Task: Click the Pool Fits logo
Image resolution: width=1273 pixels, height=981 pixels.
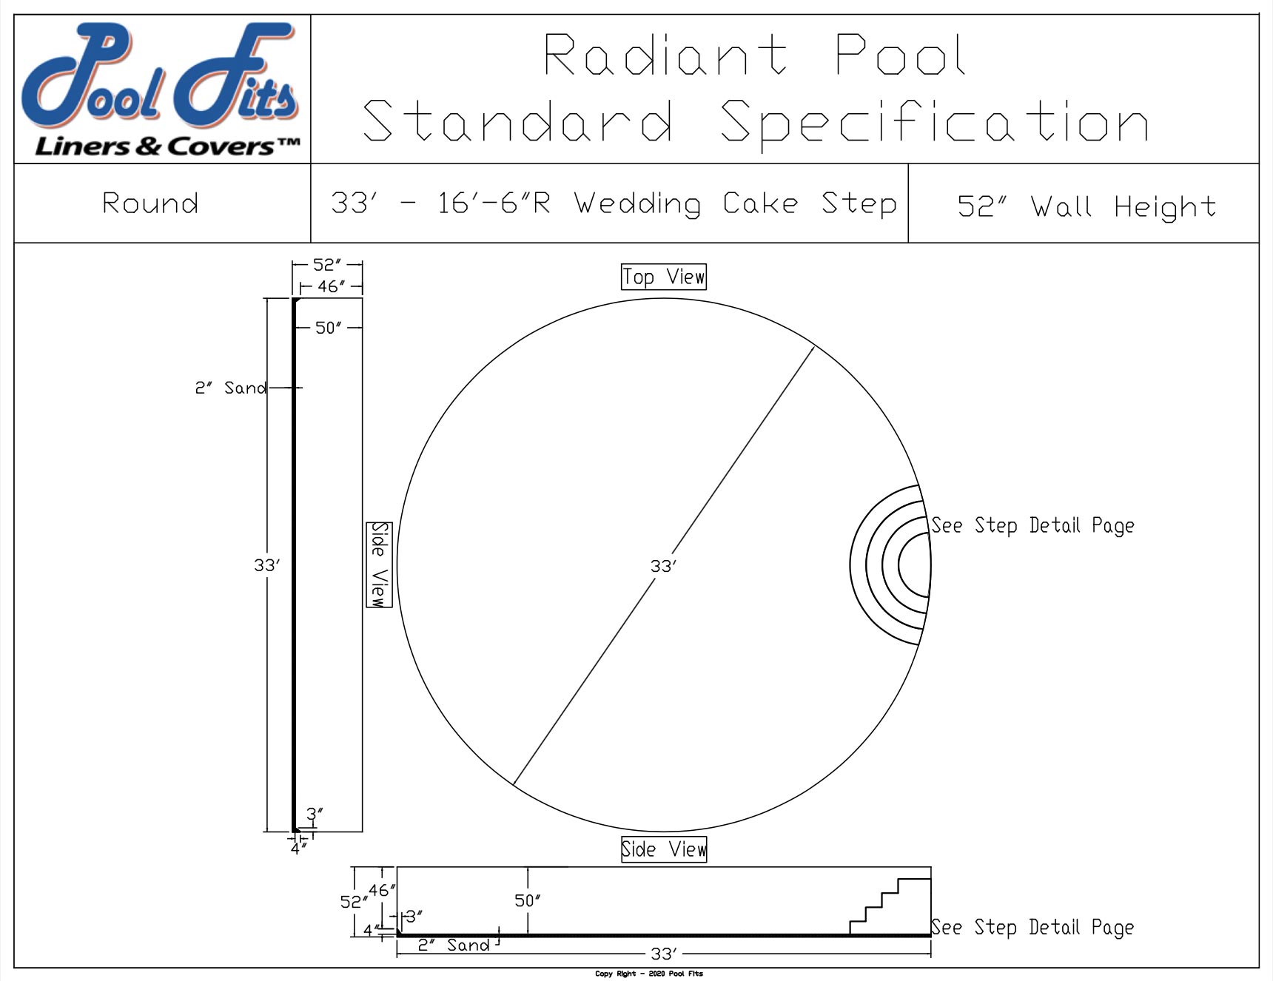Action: tap(161, 89)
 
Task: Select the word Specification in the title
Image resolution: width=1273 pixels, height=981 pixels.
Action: tap(934, 122)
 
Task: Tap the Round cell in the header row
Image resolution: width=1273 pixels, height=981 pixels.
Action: tap(150, 203)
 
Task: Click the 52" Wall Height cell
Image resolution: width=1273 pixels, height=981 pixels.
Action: tap(1086, 206)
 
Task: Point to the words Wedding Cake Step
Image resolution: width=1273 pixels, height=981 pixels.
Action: tap(735, 203)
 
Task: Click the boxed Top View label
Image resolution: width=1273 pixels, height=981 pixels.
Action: tap(663, 277)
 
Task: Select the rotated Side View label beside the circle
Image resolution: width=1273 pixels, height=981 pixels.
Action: tap(379, 564)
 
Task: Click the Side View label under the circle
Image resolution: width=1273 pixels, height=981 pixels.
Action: tap(663, 849)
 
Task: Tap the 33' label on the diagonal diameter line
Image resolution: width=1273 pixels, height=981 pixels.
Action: tap(662, 566)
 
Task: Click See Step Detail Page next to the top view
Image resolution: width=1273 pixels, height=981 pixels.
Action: tap(1032, 526)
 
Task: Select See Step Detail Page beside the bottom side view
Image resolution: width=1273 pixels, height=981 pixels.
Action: tap(1032, 928)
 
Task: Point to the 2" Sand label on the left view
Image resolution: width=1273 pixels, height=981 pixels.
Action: tap(230, 388)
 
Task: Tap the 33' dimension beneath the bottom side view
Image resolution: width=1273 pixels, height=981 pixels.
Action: tap(662, 954)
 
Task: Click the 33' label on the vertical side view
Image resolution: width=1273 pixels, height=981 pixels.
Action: tap(266, 565)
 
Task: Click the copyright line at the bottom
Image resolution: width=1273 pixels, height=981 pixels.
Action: tap(648, 974)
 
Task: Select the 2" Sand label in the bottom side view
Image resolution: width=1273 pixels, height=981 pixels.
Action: tap(453, 945)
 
